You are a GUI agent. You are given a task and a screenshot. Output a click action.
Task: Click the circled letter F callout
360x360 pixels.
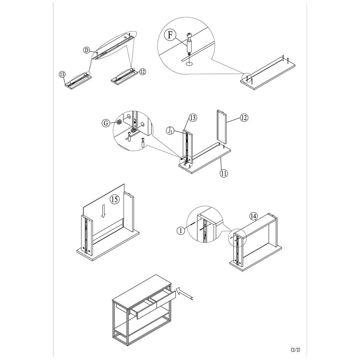click(x=170, y=35)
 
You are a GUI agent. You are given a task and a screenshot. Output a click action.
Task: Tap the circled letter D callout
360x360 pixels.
click(x=86, y=50)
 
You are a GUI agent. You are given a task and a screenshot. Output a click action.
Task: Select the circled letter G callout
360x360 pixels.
click(x=106, y=123)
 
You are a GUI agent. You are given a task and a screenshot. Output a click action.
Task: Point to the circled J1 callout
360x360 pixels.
click(x=170, y=131)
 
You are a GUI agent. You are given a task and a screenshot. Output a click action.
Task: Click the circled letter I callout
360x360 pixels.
click(x=181, y=231)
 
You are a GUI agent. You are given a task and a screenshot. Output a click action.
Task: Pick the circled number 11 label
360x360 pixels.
click(x=223, y=173)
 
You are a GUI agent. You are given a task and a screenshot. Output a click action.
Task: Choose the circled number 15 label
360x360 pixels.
click(x=114, y=199)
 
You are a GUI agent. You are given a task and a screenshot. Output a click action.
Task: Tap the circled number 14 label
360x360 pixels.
click(x=253, y=217)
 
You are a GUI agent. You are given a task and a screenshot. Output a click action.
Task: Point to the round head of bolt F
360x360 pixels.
click(x=189, y=35)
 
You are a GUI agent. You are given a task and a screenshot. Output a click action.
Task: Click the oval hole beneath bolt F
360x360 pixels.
click(x=189, y=64)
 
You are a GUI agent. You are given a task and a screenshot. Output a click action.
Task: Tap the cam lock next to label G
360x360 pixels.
click(x=119, y=122)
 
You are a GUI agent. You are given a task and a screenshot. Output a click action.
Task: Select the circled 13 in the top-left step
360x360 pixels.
click(x=62, y=74)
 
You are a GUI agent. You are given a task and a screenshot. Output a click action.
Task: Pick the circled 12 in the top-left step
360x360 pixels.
click(x=142, y=72)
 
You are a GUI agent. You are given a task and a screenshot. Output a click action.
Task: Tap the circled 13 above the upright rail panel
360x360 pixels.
click(x=193, y=118)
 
